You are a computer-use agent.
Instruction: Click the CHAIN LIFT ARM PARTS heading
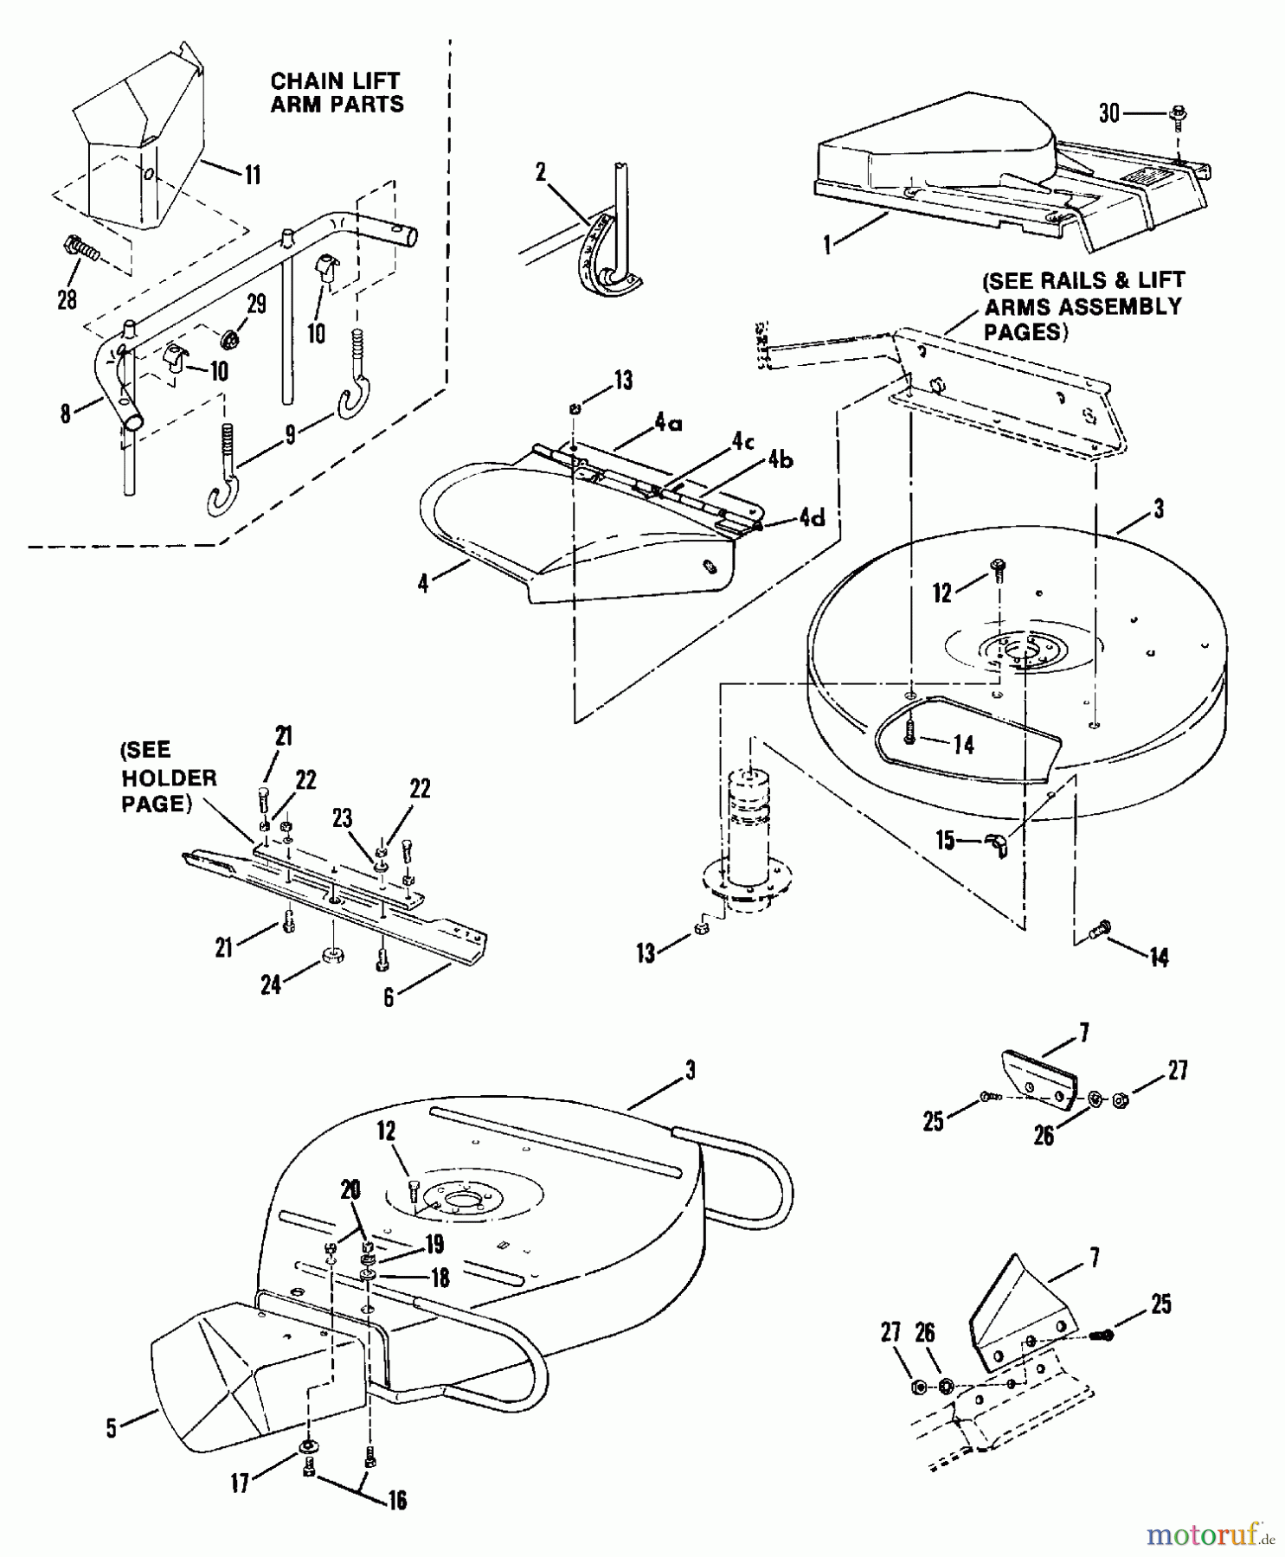click(x=337, y=93)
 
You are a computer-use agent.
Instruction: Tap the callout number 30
click(x=1109, y=113)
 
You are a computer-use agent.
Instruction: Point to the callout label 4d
click(x=812, y=517)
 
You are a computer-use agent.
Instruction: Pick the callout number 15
click(x=946, y=840)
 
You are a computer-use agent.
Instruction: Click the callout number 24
click(x=271, y=984)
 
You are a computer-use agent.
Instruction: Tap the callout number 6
click(x=389, y=997)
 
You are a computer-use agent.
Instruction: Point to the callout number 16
click(x=396, y=1500)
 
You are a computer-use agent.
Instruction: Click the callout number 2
click(x=541, y=172)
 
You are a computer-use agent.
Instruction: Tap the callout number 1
click(x=827, y=245)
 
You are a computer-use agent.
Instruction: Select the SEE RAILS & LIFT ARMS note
click(x=1083, y=306)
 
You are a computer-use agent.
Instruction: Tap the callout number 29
click(x=256, y=304)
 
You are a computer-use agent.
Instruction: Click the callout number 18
click(x=440, y=1278)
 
